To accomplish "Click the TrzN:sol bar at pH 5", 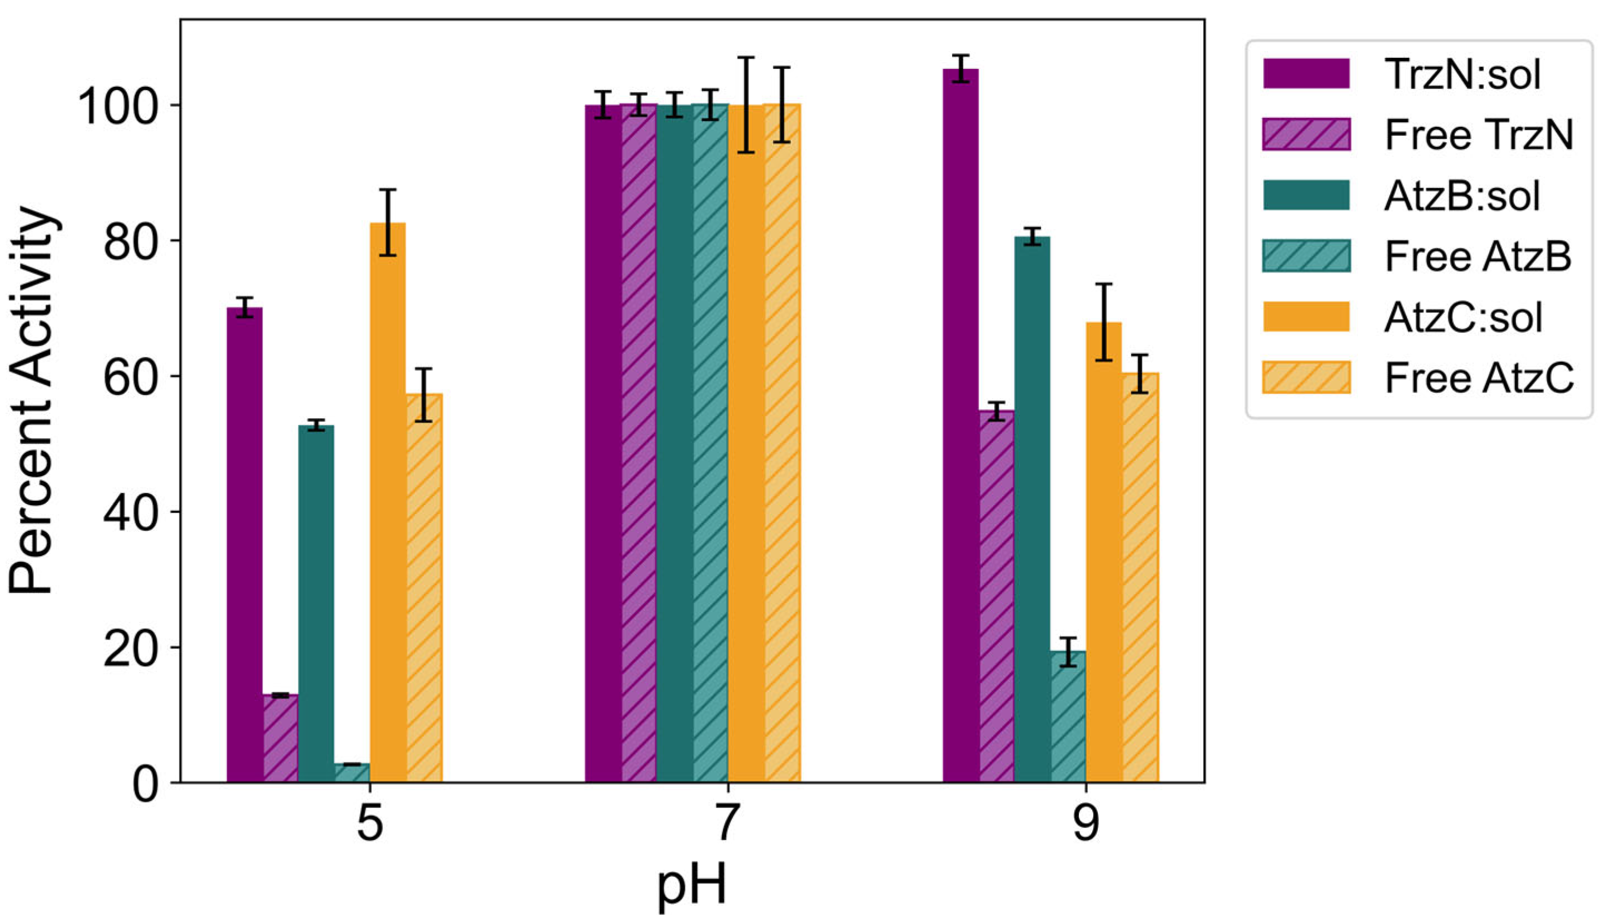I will click(x=245, y=545).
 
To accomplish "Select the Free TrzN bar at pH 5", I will click(x=280, y=739).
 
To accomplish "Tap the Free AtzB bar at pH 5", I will click(x=352, y=774).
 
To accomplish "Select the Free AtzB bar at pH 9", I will click(x=1068, y=717).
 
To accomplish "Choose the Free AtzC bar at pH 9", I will click(x=1140, y=577).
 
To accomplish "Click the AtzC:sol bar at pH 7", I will click(x=746, y=444).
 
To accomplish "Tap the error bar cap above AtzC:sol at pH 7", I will click(x=746, y=58).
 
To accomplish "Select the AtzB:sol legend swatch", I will click(x=1306, y=194).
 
